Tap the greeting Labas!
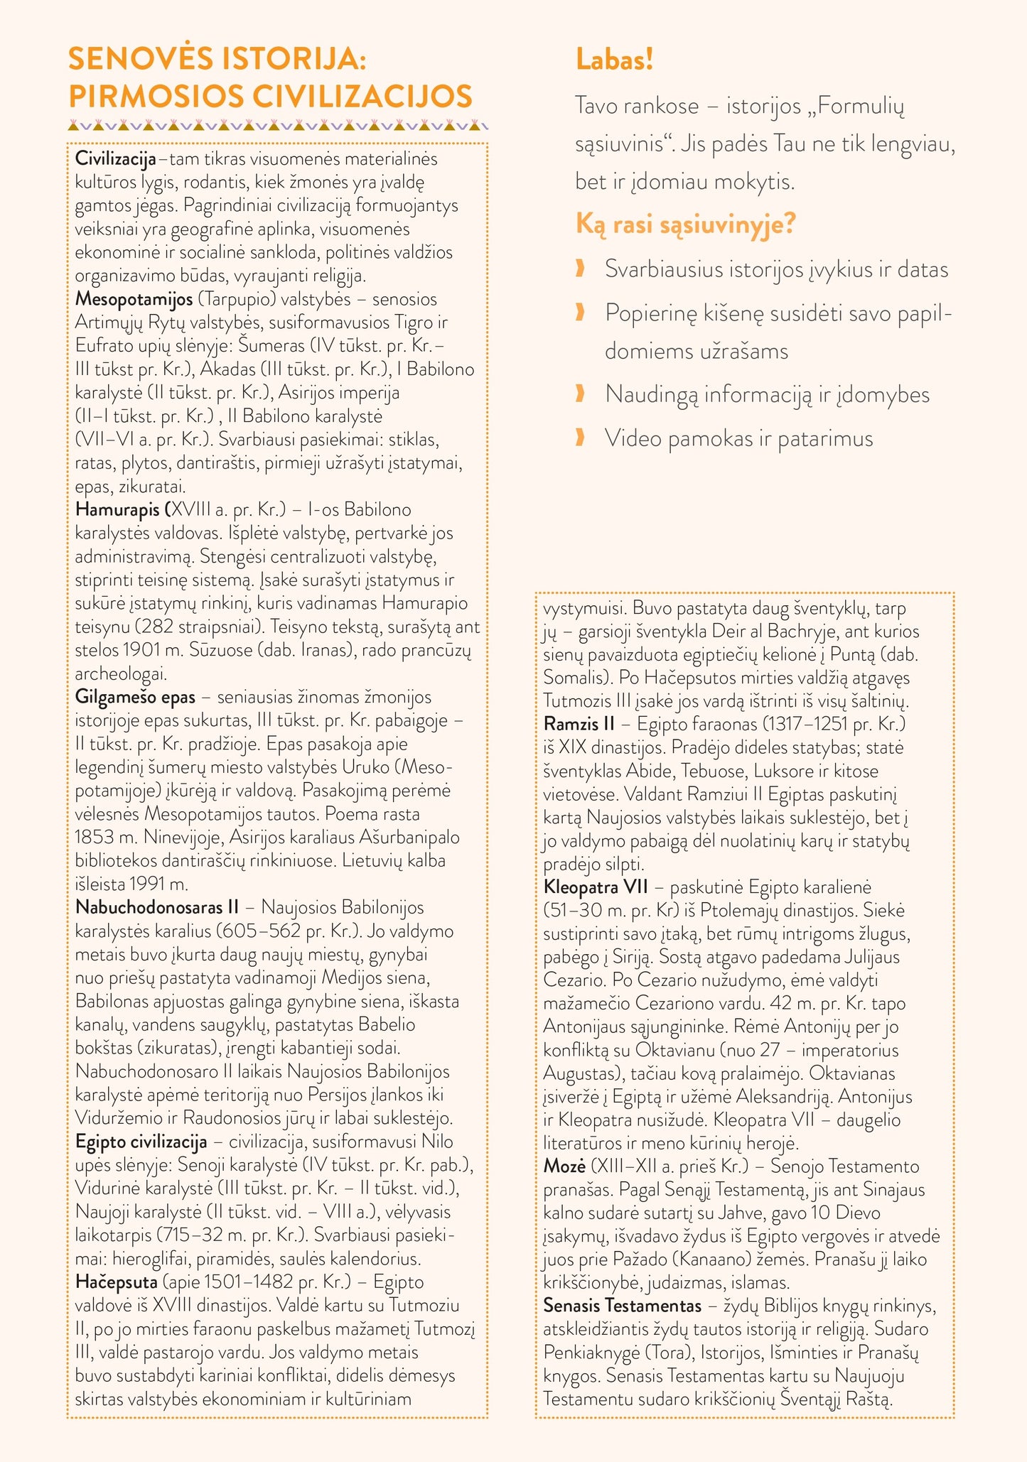pyautogui.click(x=614, y=60)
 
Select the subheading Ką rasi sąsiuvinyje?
pyautogui.click(x=685, y=224)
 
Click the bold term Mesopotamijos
pyautogui.click(x=134, y=299)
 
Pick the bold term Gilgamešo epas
pyautogui.click(x=135, y=697)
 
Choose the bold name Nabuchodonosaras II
pyautogui.click(x=156, y=908)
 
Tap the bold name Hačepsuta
pyautogui.click(x=116, y=1282)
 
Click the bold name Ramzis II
pyautogui.click(x=579, y=724)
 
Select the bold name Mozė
pyautogui.click(x=564, y=1166)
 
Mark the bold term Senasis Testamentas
pyautogui.click(x=622, y=1306)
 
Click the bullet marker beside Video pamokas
pyautogui.click(x=580, y=438)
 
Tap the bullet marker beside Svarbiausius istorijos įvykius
pyautogui.click(x=580, y=269)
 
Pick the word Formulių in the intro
pyautogui.click(x=861, y=107)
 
